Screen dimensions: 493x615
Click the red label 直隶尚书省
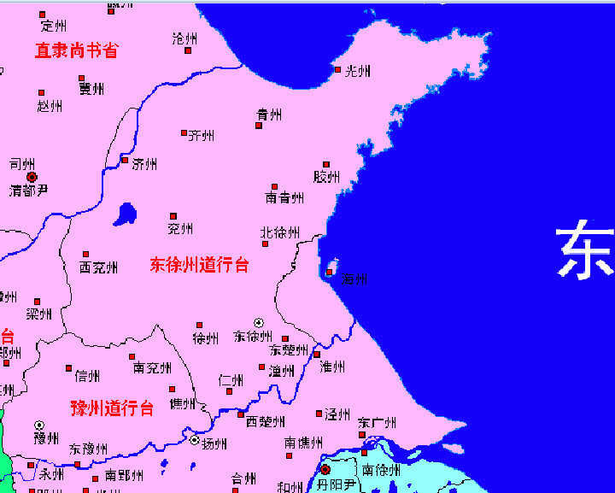pos(76,50)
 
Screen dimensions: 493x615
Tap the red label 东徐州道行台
pos(199,265)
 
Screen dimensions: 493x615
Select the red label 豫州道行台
pos(112,408)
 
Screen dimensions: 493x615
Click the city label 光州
pos(357,71)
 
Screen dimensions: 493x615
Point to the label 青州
pos(269,114)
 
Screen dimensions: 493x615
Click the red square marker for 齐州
pos(184,132)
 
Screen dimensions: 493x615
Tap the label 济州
pos(144,164)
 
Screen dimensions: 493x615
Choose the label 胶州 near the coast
pos(326,177)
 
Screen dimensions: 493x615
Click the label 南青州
pos(284,197)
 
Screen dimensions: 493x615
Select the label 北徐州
pos(280,232)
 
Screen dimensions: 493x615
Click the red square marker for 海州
pos(330,273)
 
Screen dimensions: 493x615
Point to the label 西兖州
pos(98,267)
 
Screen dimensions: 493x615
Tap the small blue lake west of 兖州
pos(126,214)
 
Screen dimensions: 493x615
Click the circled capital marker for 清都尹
pos(32,177)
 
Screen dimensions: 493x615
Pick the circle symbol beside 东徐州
pos(259,322)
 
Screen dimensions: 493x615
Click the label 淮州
pos(332,367)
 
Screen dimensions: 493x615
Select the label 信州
pos(87,375)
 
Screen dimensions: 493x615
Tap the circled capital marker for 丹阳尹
pos(325,469)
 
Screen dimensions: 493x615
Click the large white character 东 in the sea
pos(586,250)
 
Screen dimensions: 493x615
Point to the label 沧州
pos(184,38)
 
